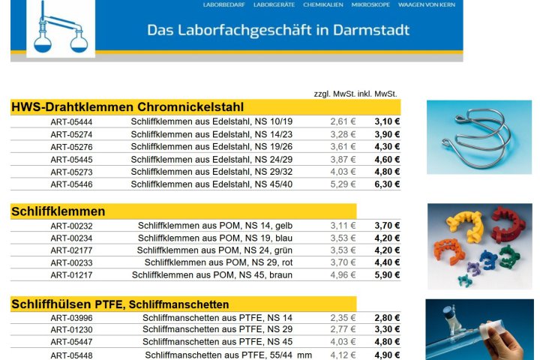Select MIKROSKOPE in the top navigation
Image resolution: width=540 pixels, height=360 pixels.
[371, 4]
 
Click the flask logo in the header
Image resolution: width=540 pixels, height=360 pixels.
[61, 28]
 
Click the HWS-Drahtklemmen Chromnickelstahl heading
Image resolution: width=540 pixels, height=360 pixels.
[127, 107]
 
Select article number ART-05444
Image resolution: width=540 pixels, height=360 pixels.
[72, 122]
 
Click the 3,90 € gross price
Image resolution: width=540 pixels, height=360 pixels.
[387, 134]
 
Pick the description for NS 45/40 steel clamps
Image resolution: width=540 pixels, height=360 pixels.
[211, 184]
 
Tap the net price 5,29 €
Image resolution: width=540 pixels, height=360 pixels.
[343, 184]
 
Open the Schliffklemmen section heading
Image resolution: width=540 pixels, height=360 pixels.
[58, 211]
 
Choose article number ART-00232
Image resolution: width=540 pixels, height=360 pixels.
[72, 226]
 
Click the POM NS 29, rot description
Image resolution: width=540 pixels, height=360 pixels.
[218, 262]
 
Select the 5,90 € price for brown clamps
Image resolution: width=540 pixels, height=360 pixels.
[387, 275]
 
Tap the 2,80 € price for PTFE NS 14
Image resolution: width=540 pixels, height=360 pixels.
[387, 318]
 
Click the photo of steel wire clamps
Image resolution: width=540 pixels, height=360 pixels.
[478, 137]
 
